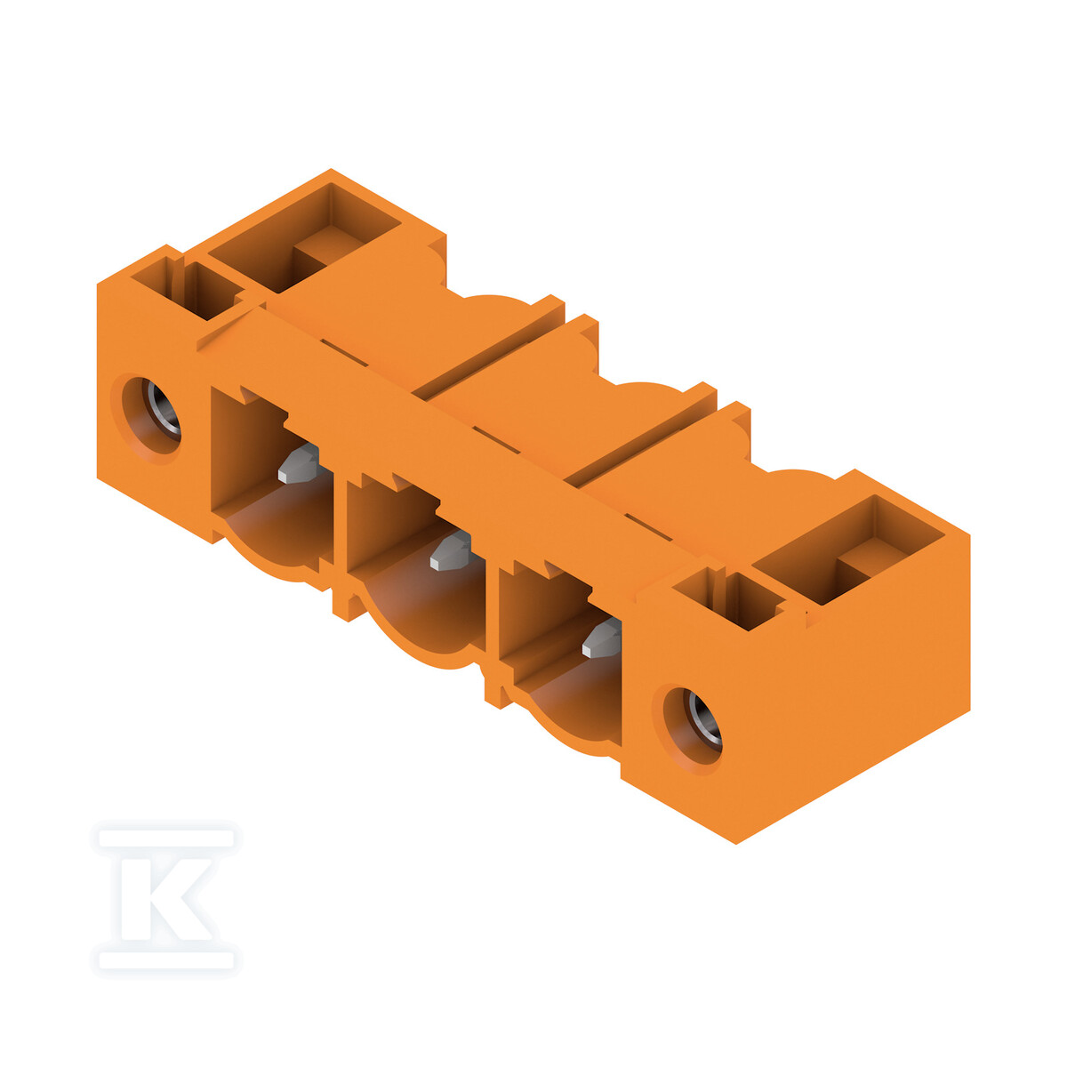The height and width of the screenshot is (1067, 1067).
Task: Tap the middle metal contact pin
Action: tap(451, 551)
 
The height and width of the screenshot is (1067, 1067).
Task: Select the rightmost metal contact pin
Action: tap(603, 638)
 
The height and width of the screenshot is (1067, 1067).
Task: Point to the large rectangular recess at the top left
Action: tap(305, 237)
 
